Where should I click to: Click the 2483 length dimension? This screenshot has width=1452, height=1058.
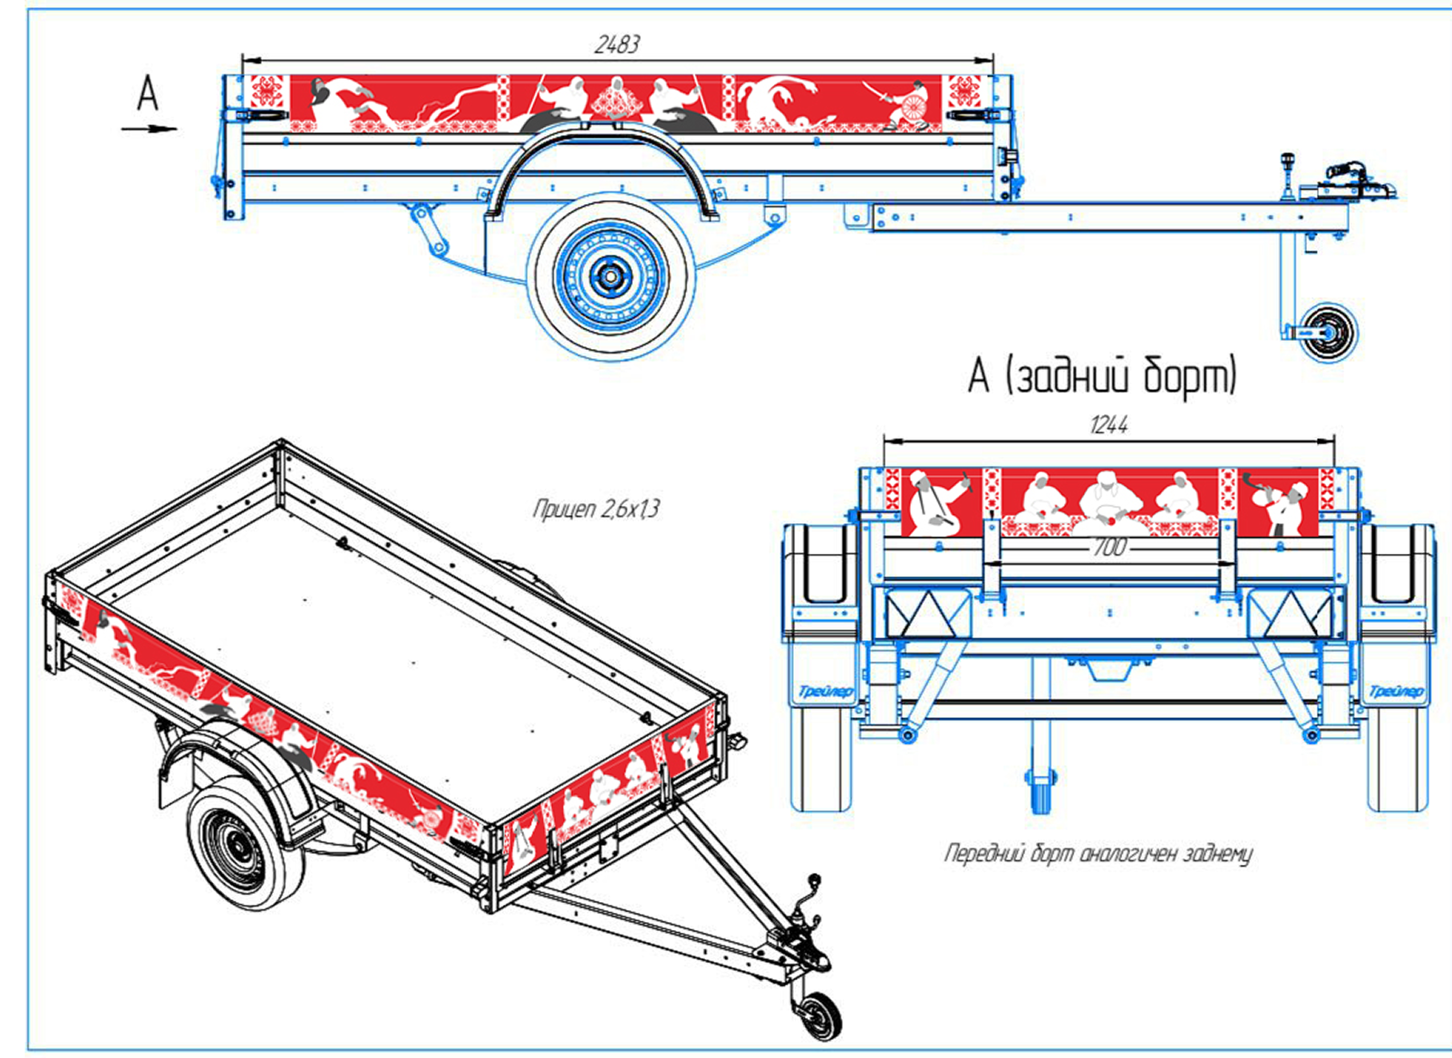tap(617, 44)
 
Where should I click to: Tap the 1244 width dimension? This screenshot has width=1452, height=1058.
tap(1108, 425)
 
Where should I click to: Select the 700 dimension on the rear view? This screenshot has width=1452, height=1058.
tap(1108, 548)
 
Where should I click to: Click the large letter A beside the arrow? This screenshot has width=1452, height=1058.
tap(147, 94)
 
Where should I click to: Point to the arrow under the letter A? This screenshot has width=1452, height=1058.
tap(150, 129)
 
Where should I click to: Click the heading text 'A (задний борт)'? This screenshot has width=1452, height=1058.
tap(1103, 375)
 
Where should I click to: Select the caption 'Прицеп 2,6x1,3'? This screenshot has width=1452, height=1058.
tap(595, 509)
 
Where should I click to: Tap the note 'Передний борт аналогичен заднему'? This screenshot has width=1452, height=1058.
tap(1098, 853)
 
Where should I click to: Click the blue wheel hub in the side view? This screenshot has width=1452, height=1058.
tap(611, 277)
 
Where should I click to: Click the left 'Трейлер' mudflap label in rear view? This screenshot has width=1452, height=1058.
tap(825, 692)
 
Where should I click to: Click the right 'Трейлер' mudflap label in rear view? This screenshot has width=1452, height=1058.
tap(1395, 692)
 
